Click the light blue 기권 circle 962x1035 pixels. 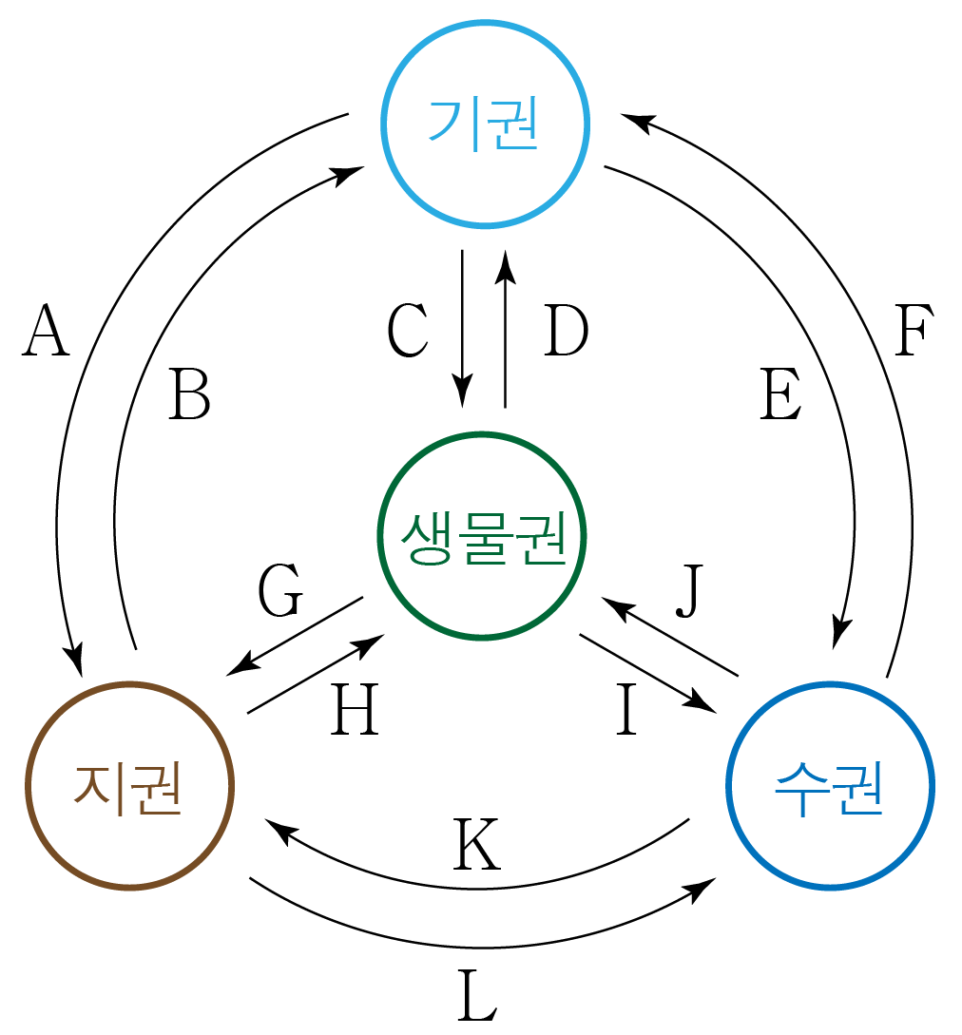(486, 123)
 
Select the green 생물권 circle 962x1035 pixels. (483, 537)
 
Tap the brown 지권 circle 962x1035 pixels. (129, 786)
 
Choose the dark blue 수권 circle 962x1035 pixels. (830, 786)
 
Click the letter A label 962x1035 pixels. (47, 332)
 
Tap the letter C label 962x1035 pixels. (408, 332)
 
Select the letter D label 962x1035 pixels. (566, 332)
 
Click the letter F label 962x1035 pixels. (914, 332)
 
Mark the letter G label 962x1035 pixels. (280, 591)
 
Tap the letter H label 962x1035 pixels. (355, 711)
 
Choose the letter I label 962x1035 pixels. (625, 711)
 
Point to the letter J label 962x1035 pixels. (692, 591)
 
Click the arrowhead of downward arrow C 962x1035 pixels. (463, 395)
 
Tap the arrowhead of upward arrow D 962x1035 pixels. (506, 265)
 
